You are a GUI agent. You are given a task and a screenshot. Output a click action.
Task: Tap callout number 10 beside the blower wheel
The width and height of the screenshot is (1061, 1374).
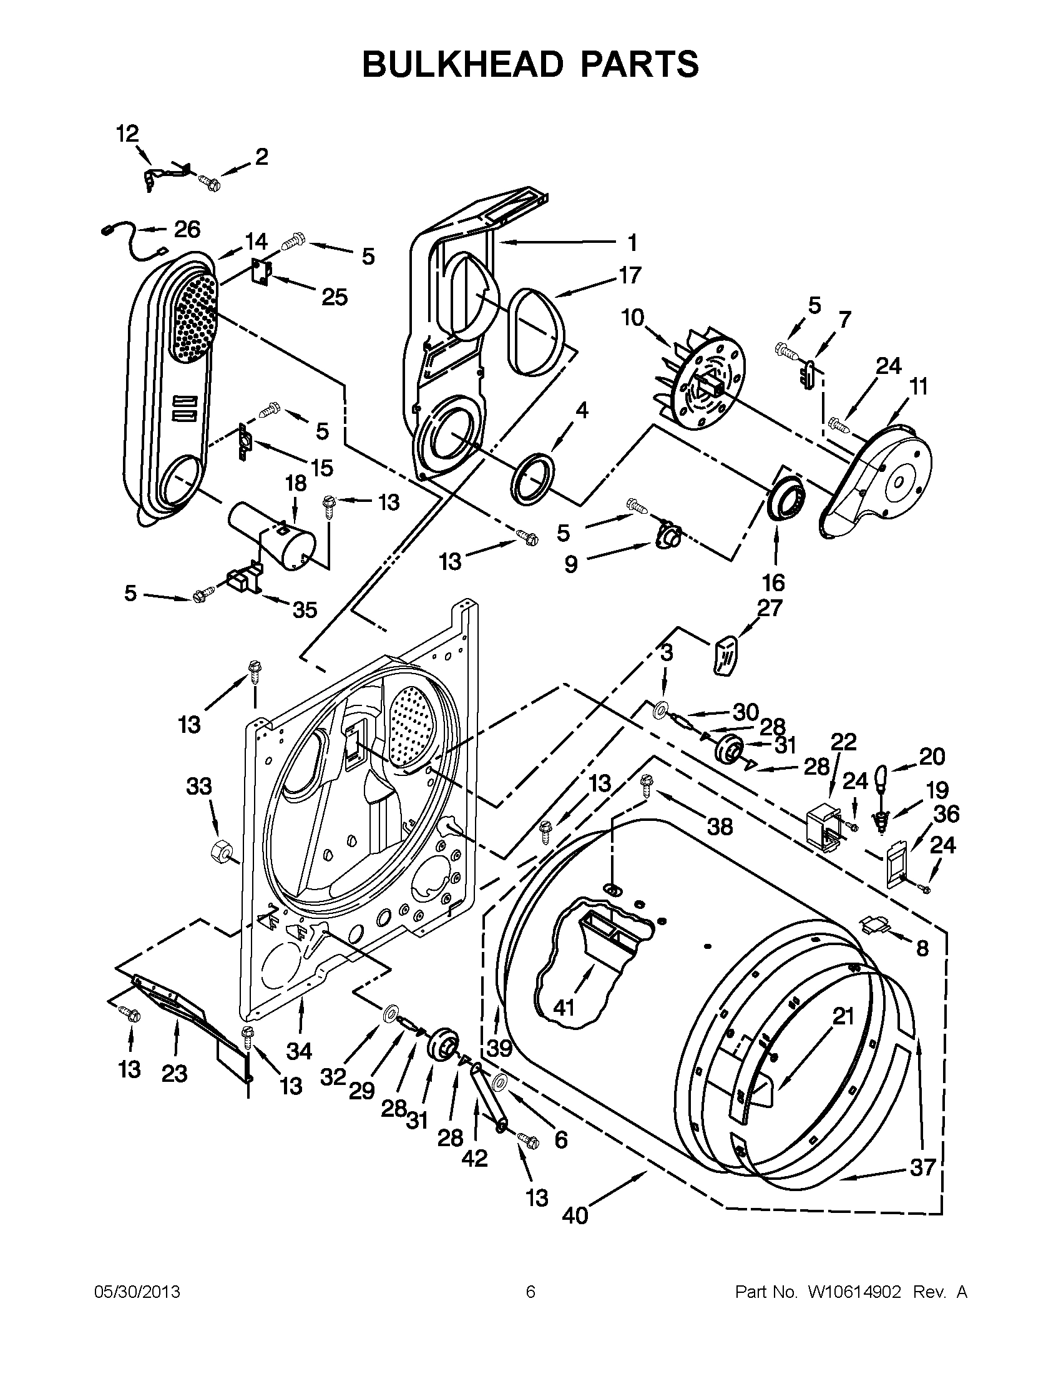point(633,318)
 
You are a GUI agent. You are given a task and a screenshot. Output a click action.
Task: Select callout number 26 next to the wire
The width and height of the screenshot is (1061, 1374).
point(187,230)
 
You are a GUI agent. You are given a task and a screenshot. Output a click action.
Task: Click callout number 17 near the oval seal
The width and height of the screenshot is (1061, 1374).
point(630,275)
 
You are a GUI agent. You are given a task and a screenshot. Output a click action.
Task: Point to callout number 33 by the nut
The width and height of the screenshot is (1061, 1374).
point(198,786)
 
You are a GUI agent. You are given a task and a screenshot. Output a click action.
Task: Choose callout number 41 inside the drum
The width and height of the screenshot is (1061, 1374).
point(564,1008)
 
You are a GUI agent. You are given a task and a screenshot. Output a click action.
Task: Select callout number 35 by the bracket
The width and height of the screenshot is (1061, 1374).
point(305,610)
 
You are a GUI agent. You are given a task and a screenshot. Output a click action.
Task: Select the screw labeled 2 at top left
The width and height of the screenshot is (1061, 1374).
point(208,182)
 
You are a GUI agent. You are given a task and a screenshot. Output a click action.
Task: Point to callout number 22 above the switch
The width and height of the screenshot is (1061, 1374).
point(843,742)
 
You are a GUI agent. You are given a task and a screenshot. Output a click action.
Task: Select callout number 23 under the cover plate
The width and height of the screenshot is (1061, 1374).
point(174,1073)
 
